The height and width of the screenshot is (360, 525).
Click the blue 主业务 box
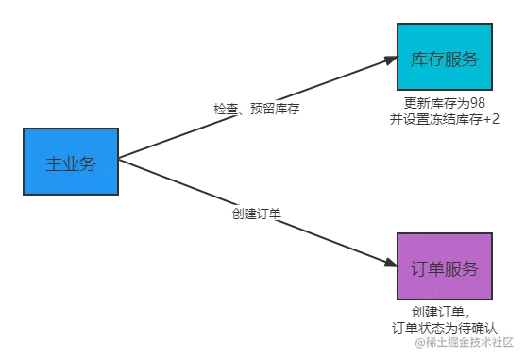click(x=72, y=163)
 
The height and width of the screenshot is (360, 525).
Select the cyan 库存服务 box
click(x=445, y=59)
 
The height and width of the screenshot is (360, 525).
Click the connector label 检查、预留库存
click(x=257, y=110)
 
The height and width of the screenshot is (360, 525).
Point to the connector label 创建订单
click(x=256, y=214)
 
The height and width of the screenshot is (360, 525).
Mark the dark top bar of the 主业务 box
click(x=72, y=125)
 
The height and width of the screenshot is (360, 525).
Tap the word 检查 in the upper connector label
click(x=226, y=110)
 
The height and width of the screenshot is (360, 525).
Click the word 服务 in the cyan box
click(x=462, y=59)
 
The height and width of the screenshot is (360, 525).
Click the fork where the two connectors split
click(x=132, y=161)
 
